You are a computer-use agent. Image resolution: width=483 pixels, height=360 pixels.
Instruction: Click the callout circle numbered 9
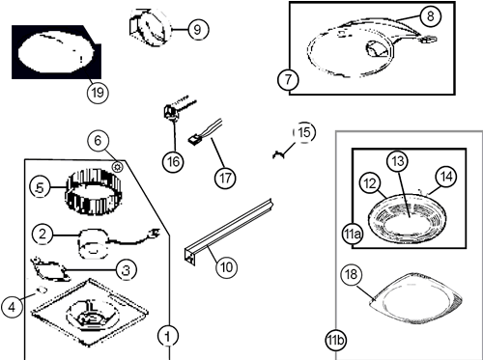[x=197, y=29]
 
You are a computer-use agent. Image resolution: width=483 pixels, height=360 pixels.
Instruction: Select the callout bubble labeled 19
[x=98, y=93]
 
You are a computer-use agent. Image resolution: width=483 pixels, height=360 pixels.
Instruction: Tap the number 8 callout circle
[x=431, y=15]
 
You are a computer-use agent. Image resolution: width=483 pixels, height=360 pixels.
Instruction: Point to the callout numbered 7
[x=288, y=79]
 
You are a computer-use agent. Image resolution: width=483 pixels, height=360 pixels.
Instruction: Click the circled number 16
[x=173, y=161]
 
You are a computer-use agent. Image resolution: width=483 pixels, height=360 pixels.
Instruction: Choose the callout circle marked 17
[x=225, y=178]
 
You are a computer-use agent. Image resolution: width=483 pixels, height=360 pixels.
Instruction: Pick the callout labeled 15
[x=304, y=132]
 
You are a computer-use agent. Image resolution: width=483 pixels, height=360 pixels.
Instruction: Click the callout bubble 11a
[x=352, y=235]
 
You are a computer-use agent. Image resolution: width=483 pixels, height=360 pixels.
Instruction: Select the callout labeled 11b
[x=335, y=340]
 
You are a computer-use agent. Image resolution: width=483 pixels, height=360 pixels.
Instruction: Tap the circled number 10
[x=227, y=266]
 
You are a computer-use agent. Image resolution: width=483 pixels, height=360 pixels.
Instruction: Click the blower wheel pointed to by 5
[x=94, y=192]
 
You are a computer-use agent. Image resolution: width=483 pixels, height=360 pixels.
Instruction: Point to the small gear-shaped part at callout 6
[x=118, y=167]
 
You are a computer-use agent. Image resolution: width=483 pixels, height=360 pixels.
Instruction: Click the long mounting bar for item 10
[x=229, y=232]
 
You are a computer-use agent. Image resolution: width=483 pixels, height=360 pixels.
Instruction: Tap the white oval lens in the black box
[x=56, y=52]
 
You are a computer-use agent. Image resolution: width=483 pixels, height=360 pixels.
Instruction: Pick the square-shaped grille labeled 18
[x=416, y=298]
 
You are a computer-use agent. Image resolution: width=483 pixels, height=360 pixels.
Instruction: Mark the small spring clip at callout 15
[x=279, y=155]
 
